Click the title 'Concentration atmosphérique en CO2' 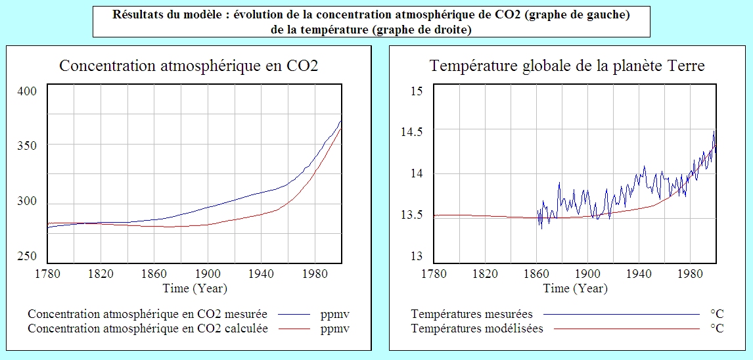point(189,66)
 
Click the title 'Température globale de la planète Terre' point(567,66)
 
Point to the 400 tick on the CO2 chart point(28,91)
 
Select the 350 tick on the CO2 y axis point(28,145)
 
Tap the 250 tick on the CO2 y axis point(28,256)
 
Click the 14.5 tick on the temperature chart point(413,132)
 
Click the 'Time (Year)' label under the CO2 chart point(195,288)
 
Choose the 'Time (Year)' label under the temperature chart point(576,288)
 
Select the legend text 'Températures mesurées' point(472,314)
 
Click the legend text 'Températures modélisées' point(477,328)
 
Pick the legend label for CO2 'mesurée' point(148,314)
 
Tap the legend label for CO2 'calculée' point(148,328)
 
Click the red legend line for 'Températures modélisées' point(627,328)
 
